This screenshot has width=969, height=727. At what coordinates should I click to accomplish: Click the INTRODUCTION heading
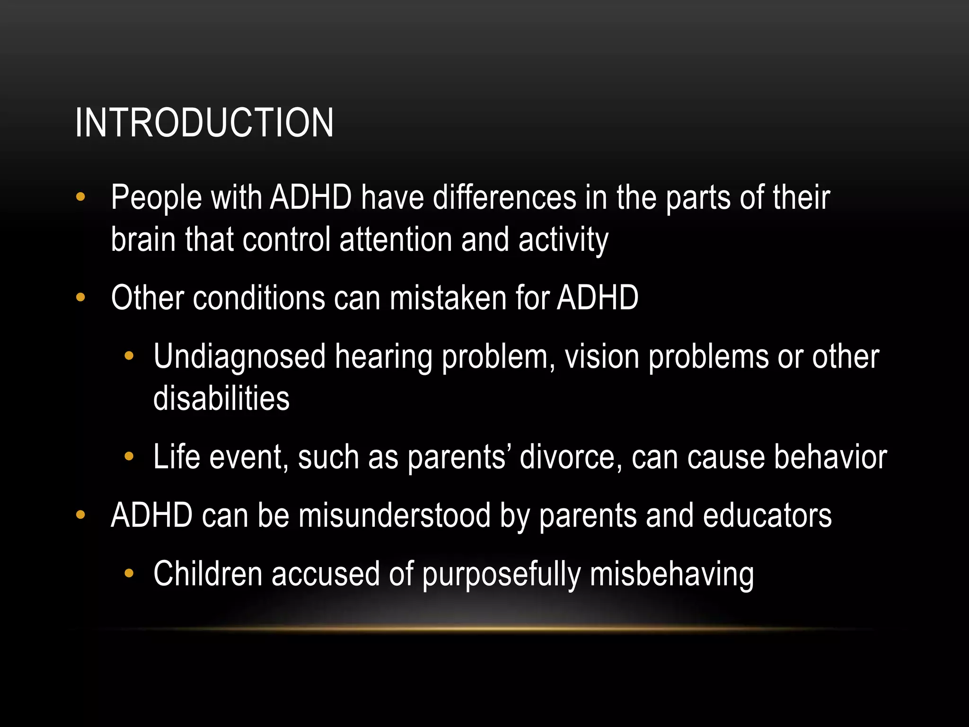tap(204, 123)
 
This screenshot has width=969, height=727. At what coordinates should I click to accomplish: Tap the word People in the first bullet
tap(156, 198)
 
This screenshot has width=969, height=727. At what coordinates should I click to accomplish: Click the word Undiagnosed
tap(239, 357)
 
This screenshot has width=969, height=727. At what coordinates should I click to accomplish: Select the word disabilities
tap(221, 398)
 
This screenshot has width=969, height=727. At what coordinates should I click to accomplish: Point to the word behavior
tap(830, 457)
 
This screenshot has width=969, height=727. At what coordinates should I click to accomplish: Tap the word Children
tap(208, 574)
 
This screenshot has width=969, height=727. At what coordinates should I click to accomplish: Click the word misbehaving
tap(672, 575)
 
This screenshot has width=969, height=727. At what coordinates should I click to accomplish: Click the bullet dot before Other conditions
tap(80, 298)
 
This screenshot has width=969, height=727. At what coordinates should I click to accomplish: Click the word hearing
tap(384, 357)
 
